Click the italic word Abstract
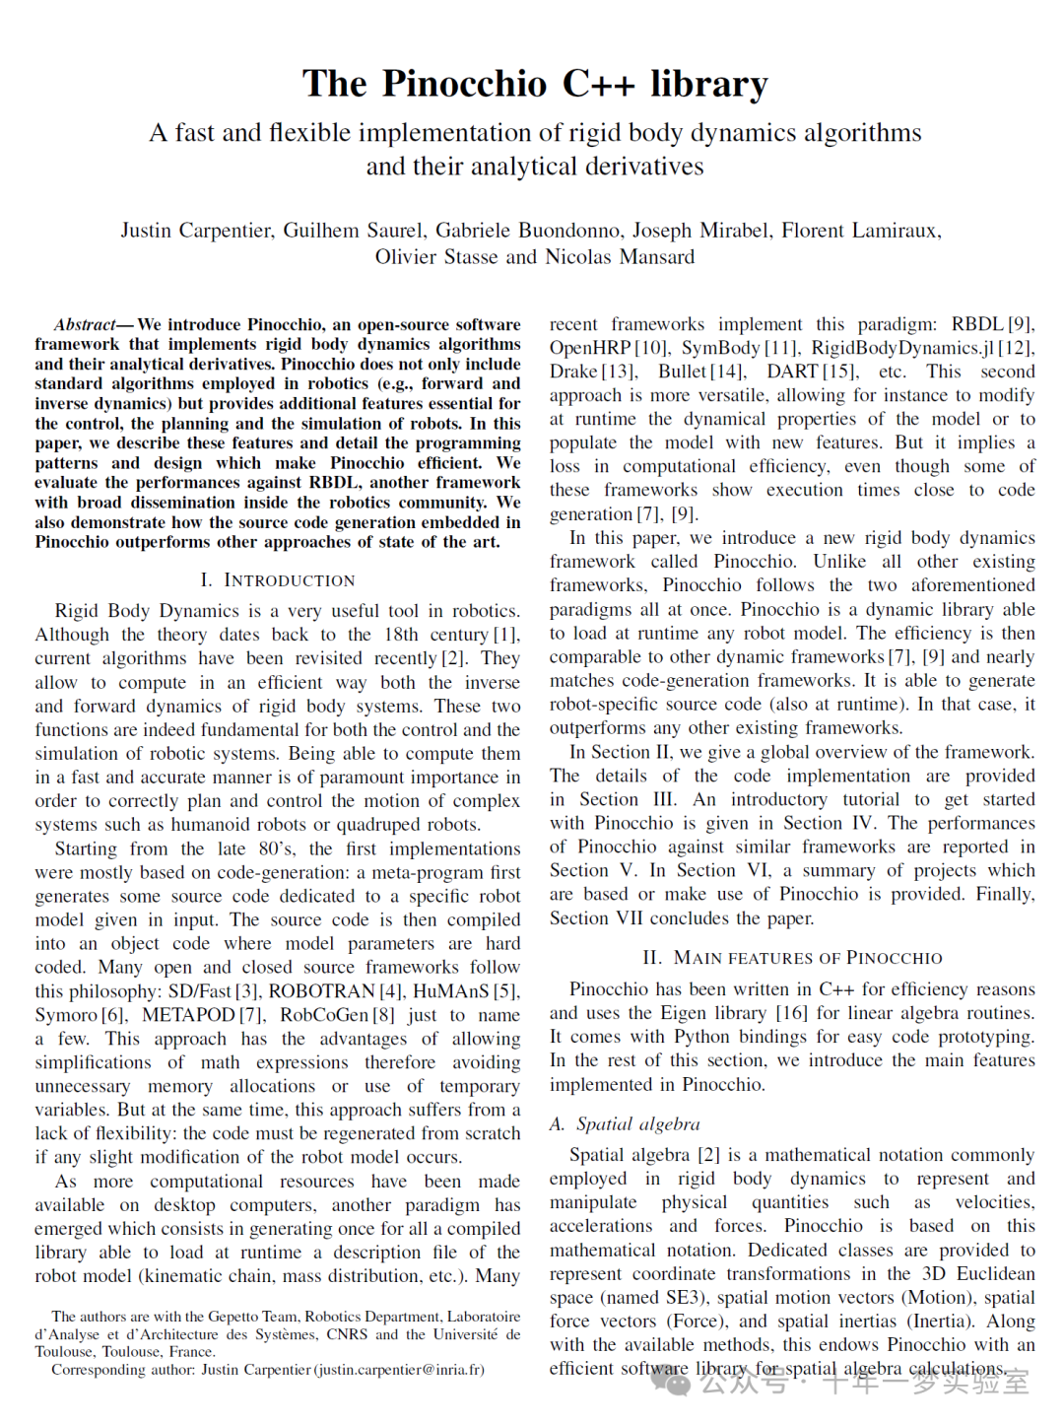pos(85,324)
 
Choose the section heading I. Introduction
pos(277,580)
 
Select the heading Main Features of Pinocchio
pos(793,958)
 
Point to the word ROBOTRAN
pos(321,991)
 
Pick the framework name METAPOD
pos(188,1015)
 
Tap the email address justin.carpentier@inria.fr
pos(398,1370)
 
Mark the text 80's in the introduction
pos(276,848)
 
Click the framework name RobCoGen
pos(323,1015)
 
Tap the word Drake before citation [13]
pos(574,372)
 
